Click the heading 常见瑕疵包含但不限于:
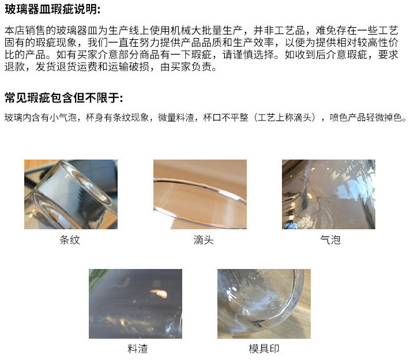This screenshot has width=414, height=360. (63, 97)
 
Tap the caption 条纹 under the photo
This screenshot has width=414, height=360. (69, 240)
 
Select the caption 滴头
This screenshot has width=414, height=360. (203, 240)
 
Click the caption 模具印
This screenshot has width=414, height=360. (264, 348)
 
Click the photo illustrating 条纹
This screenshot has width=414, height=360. (70, 194)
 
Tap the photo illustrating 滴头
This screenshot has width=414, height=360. (200, 194)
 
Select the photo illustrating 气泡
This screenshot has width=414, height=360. (328, 194)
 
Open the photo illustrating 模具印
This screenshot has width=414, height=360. (264, 303)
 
